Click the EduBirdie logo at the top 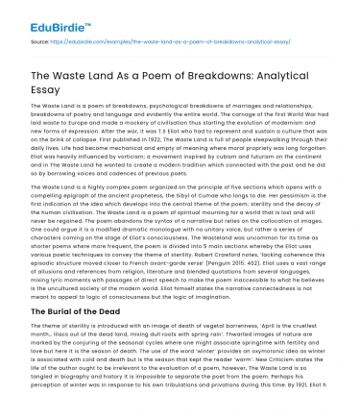tap(46, 17)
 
